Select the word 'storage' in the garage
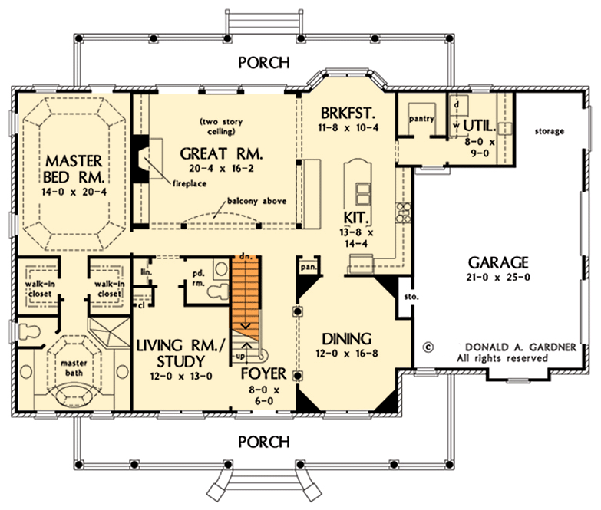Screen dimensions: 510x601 click(549, 131)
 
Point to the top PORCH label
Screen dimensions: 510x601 click(263, 63)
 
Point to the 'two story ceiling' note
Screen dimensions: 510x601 click(218, 127)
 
